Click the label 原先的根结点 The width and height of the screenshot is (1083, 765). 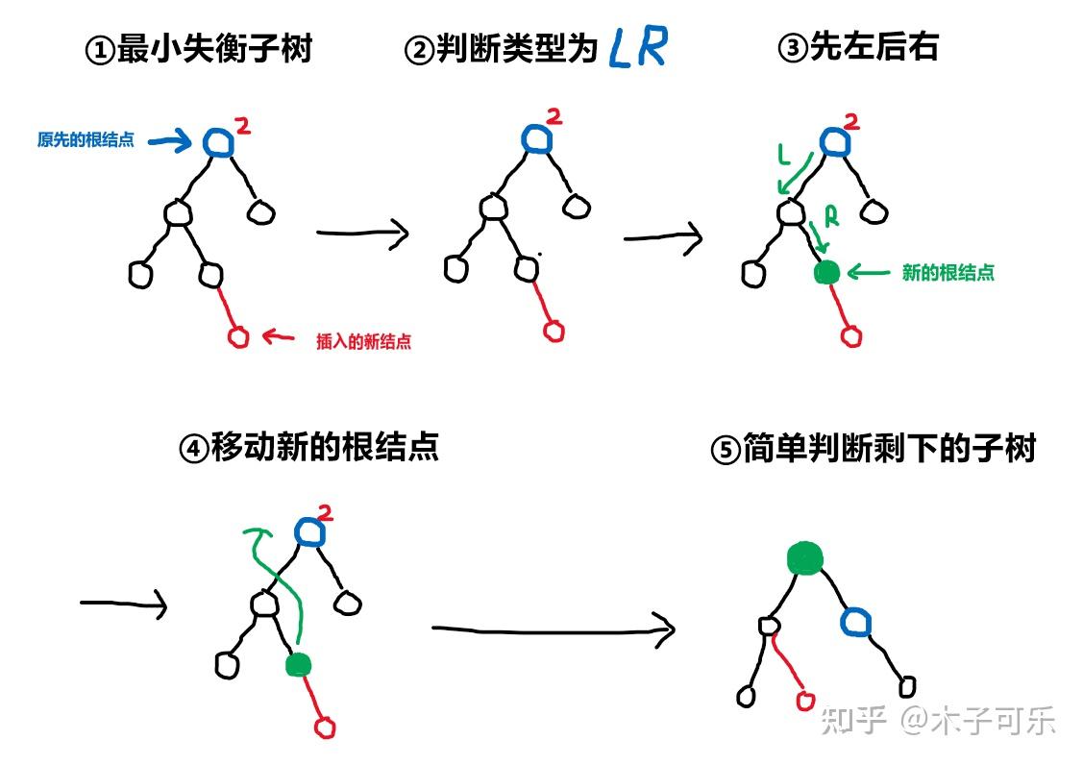(86, 140)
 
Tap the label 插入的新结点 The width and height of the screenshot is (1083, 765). (363, 341)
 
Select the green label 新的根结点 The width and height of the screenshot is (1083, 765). (948, 273)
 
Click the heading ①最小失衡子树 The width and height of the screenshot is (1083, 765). (199, 48)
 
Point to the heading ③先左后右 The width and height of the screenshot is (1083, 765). (857, 47)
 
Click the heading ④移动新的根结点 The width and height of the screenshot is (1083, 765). (308, 447)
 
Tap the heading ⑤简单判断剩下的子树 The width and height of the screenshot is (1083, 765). (873, 449)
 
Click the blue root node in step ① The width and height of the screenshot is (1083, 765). (218, 142)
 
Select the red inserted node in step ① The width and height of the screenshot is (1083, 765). (238, 336)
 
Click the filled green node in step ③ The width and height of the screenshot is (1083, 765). (825, 273)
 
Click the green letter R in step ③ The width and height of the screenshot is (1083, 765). (831, 217)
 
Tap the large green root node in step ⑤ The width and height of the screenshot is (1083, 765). (804, 557)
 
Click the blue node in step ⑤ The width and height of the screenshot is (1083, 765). (855, 623)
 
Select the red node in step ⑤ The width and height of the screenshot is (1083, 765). (805, 701)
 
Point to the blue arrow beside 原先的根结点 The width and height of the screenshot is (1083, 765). (171, 142)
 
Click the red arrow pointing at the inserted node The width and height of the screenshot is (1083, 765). (280, 336)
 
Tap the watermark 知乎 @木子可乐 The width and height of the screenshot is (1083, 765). (937, 720)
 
